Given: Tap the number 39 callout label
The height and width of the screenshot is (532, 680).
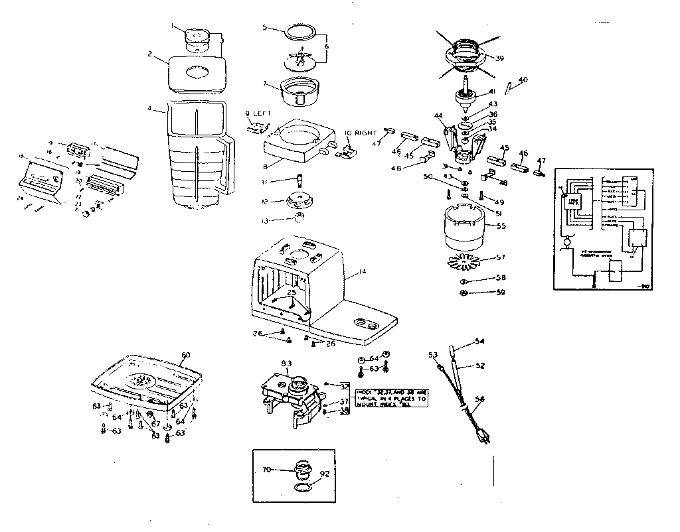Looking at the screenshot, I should pyautogui.click(x=499, y=58).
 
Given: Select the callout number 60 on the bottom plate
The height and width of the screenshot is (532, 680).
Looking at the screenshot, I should pyautogui.click(x=187, y=355).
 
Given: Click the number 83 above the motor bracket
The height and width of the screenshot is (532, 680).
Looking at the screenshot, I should pyautogui.click(x=286, y=362).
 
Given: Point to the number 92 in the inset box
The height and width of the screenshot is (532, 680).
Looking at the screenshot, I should pyautogui.click(x=325, y=475).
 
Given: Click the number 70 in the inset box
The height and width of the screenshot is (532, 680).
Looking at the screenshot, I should pyautogui.click(x=266, y=470).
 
